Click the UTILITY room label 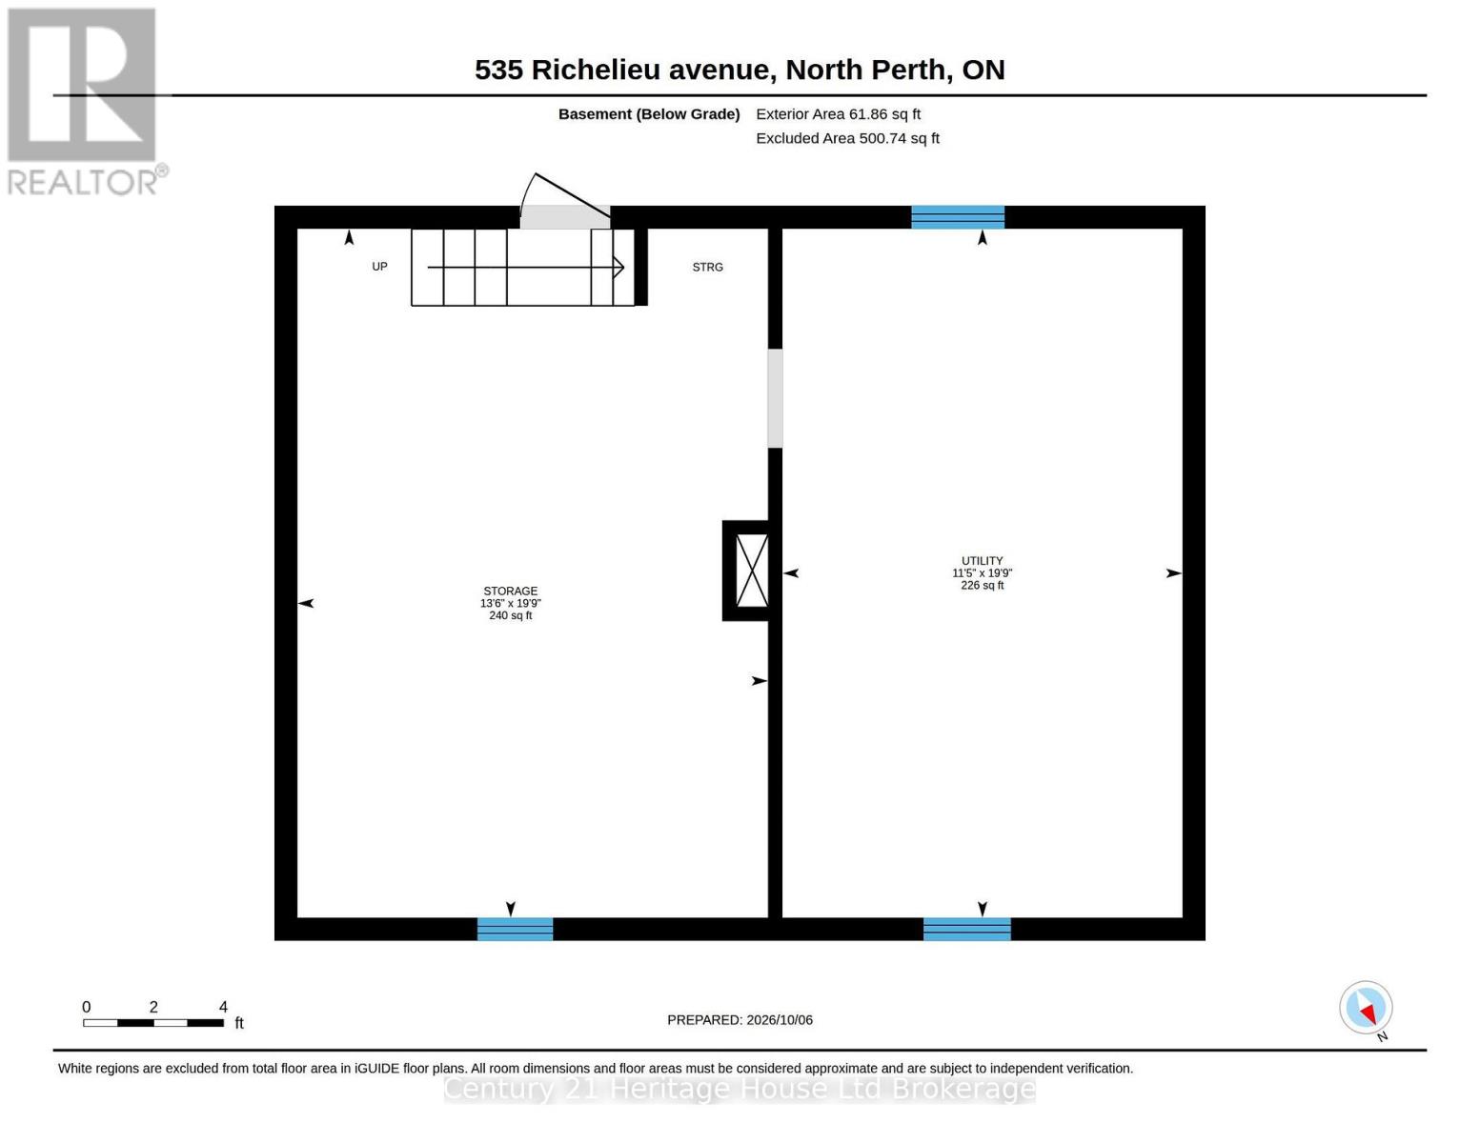pos(982,560)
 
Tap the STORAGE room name pos(510,591)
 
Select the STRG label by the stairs pos(708,267)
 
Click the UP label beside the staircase pos(379,266)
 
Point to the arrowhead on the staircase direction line pos(618,267)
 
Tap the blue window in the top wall pos(958,217)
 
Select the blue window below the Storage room pos(515,929)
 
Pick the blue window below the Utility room pos(966,929)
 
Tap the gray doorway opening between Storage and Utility pos(775,398)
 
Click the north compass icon pos(1366,1008)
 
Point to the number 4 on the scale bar pos(223,1007)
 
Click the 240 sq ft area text pos(510,615)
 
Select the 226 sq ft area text pos(982,585)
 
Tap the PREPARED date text pos(740,1020)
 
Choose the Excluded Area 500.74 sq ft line pos(847,138)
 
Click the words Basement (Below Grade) pos(648,114)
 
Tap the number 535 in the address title pos(498,70)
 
